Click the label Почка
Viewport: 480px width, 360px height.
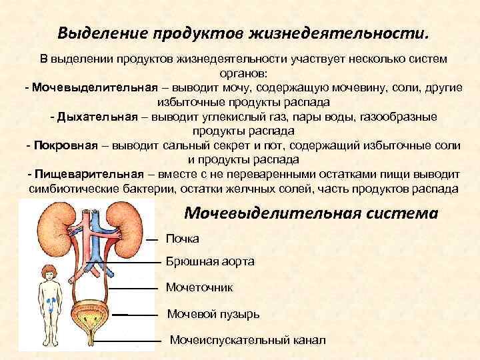(182, 239)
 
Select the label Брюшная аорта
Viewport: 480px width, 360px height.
(210, 262)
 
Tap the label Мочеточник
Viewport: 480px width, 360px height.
(199, 287)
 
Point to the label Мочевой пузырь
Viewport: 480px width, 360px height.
(213, 313)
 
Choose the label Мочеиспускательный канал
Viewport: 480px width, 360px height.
(248, 340)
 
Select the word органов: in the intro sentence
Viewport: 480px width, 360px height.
(241, 73)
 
